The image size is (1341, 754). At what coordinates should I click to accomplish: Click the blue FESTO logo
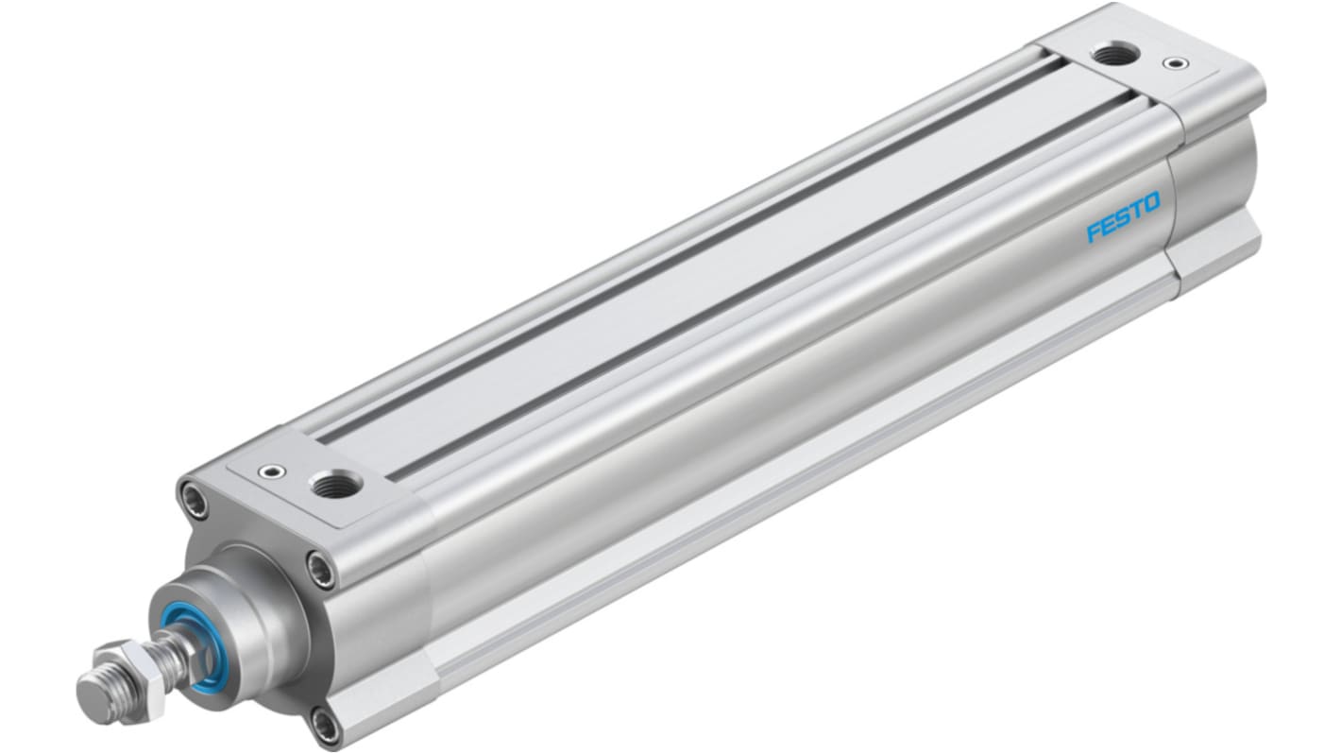point(1123,216)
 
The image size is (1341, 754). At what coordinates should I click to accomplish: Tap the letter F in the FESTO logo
point(1094,231)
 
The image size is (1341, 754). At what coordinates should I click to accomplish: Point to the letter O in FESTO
point(1151,202)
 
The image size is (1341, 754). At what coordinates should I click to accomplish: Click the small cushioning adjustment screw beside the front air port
point(271,472)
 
